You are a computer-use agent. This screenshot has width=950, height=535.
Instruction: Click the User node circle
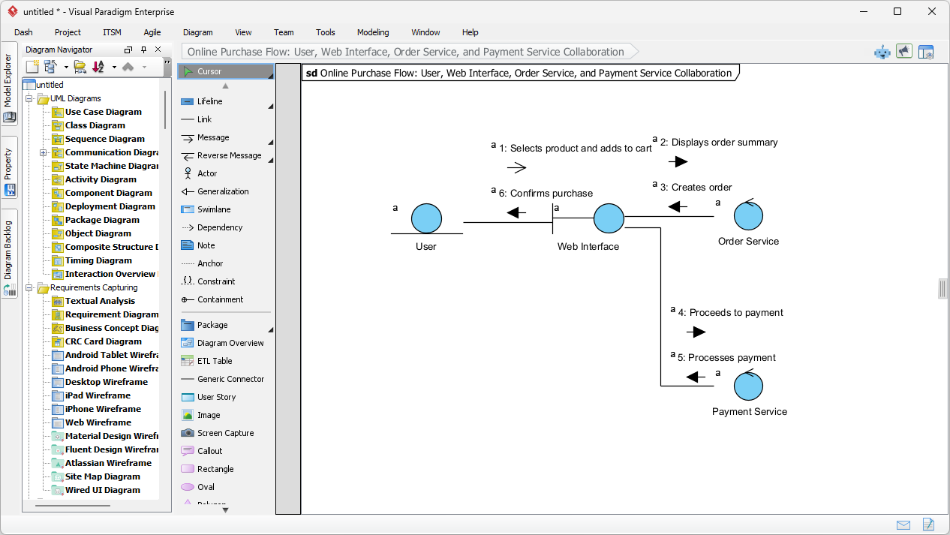[x=426, y=218]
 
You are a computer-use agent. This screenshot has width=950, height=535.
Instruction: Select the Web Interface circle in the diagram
[x=609, y=218]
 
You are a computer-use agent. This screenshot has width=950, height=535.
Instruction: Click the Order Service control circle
[x=748, y=216]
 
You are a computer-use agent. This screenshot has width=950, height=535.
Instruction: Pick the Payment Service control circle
[x=748, y=386]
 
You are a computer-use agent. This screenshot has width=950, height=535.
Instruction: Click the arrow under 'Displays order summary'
[x=678, y=161]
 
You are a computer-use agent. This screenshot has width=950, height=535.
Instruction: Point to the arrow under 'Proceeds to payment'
[x=696, y=332]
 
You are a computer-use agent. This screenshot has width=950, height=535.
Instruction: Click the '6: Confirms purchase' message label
[x=546, y=193]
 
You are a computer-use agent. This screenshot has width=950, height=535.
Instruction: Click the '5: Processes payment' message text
[x=726, y=358]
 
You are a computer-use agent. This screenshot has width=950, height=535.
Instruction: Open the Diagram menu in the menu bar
[x=197, y=32]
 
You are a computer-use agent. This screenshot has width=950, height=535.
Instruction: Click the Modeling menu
[x=373, y=32]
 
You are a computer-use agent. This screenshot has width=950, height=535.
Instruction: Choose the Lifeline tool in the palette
[x=209, y=101]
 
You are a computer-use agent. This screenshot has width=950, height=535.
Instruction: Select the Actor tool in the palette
[x=207, y=173]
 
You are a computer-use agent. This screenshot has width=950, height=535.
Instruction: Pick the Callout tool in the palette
[x=209, y=451]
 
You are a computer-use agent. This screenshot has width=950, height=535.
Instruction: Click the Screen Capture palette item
[x=225, y=433]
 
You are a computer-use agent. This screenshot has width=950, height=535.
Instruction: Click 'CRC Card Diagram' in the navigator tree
[x=103, y=341]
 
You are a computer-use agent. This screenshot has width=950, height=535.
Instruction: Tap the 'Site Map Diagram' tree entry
[x=102, y=476]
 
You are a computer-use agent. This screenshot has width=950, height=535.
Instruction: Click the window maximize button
[x=897, y=11]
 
